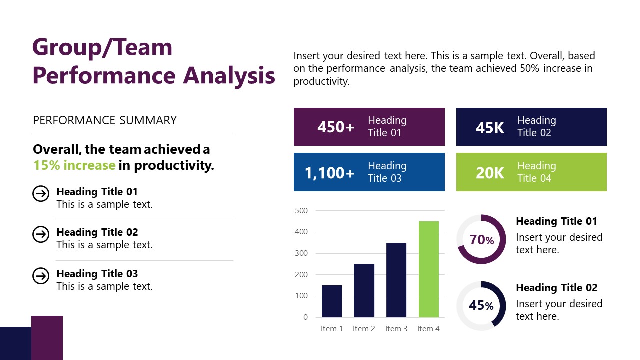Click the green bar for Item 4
[x=428, y=269]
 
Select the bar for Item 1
[x=332, y=301]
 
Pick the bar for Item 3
[x=396, y=280]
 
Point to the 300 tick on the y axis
[x=301, y=253]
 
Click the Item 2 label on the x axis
[x=364, y=329]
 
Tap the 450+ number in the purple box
[x=336, y=127]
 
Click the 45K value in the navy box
[x=490, y=128]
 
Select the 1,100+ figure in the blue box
[x=329, y=173]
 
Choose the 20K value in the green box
[x=490, y=173]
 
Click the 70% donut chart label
[x=481, y=240]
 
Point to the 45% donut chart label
[x=481, y=305]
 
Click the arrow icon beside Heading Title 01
[x=41, y=193]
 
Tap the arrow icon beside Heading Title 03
[x=41, y=276]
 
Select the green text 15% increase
[x=74, y=165]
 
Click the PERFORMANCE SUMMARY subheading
[x=105, y=120]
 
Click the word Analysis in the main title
[x=229, y=75]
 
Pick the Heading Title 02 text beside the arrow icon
[x=97, y=232]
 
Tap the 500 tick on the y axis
[x=301, y=211]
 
